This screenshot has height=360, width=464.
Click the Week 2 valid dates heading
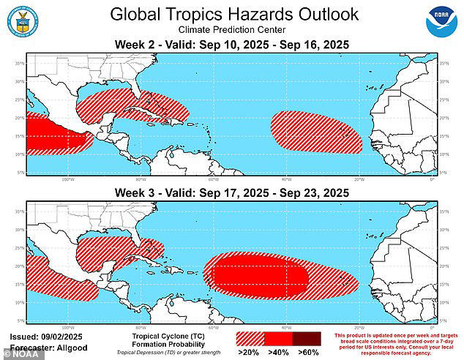pos(231,45)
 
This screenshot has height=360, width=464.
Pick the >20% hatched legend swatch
pos(250,339)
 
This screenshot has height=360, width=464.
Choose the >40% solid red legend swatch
pos(277,339)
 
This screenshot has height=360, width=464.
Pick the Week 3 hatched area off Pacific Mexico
pos(62,282)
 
